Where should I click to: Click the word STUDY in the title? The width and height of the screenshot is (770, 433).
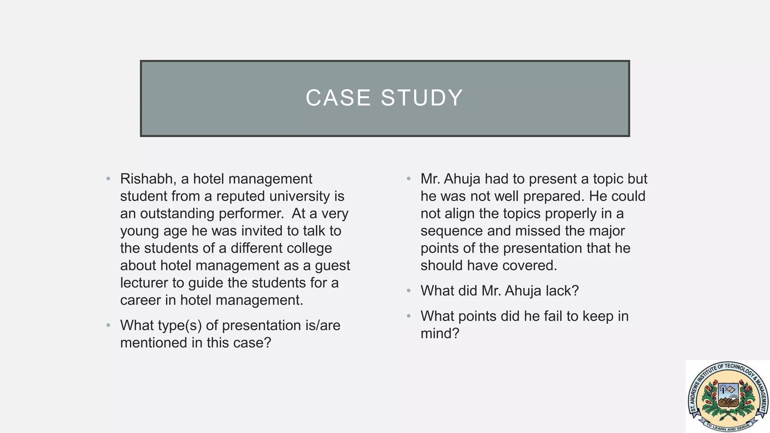click(x=422, y=98)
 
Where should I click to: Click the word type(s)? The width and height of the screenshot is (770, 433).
click(x=179, y=326)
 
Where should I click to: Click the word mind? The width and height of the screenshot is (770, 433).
click(x=440, y=334)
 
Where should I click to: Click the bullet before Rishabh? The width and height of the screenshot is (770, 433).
click(x=108, y=179)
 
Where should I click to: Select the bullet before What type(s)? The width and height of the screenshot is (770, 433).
click(x=108, y=326)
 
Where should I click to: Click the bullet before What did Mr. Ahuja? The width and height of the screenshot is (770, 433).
click(x=409, y=291)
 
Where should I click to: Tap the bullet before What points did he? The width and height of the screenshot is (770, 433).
click(x=409, y=316)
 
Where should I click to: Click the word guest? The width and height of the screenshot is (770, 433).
click(x=332, y=265)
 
